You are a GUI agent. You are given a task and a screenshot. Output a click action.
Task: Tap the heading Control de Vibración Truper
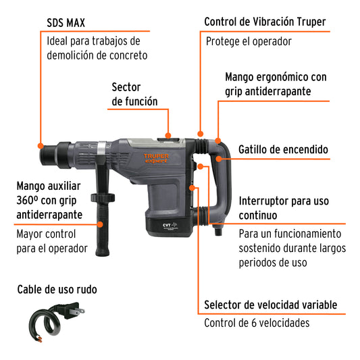(265, 22)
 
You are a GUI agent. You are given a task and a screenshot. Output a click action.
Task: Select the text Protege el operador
(248, 41)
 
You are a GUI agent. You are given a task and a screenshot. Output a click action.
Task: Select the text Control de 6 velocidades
(257, 323)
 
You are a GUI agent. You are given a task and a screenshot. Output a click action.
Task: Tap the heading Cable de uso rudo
(57, 290)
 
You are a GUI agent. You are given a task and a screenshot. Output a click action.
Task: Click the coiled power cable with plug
(50, 320)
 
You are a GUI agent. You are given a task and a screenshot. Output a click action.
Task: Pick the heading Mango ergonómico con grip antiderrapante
(275, 84)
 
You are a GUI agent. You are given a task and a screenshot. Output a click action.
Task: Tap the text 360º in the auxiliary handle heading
(31, 201)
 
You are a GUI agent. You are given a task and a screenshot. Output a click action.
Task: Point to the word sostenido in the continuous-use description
(265, 248)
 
